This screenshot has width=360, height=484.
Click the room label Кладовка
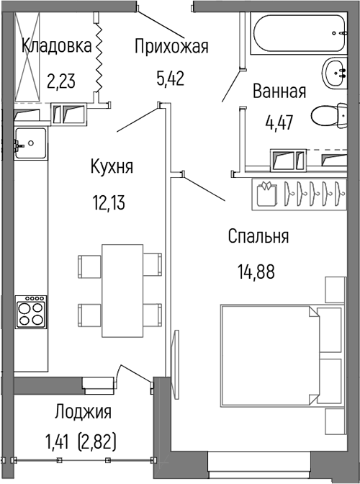tap(57, 47)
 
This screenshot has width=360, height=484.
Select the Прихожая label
tap(171, 47)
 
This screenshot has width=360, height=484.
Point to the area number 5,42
tap(171, 76)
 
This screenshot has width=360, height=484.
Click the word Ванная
tap(279, 91)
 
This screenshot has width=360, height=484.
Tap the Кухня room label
tap(112, 167)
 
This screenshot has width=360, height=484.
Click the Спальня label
tap(258, 236)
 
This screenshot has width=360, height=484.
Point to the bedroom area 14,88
tap(256, 272)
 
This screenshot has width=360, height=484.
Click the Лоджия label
tap(83, 412)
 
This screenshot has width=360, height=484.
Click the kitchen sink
tap(31, 142)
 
